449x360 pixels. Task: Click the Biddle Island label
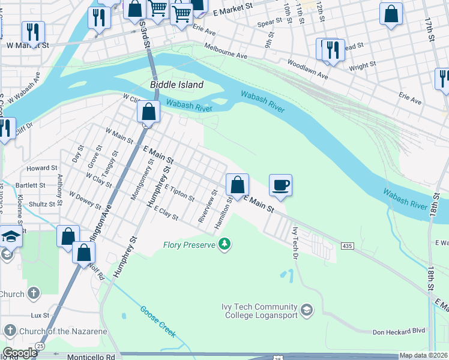click(x=176, y=85)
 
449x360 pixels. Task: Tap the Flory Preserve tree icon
click(x=224, y=244)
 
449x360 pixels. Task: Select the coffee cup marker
click(x=280, y=185)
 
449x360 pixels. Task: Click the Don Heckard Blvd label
click(x=399, y=332)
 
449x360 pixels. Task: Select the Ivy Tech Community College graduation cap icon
click(x=307, y=310)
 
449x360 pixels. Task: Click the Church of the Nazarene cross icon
click(x=10, y=331)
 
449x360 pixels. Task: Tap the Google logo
click(x=20, y=353)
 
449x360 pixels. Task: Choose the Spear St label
click(x=270, y=22)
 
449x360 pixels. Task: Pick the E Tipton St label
click(x=179, y=193)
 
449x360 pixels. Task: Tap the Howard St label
click(x=41, y=169)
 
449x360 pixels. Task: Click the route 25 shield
click(x=40, y=346)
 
